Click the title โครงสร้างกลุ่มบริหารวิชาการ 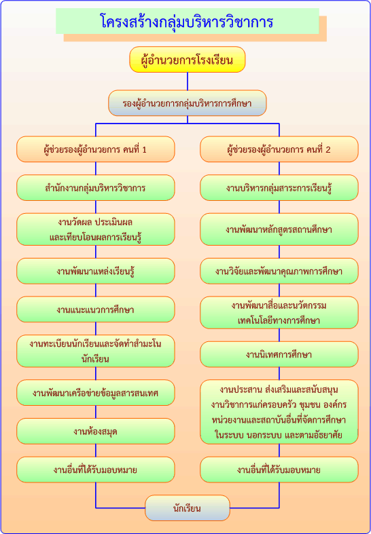click(188, 22)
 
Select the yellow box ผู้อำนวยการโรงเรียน click(188, 60)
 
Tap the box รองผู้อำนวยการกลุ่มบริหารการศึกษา click(188, 103)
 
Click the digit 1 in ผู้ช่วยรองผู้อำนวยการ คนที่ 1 click(144, 149)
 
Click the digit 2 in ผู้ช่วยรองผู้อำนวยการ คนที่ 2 click(328, 149)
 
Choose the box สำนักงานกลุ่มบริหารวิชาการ click(96, 188)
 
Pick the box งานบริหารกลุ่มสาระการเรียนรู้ click(279, 188)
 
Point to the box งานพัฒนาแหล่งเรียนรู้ click(96, 271)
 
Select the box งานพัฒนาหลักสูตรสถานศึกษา click(279, 229)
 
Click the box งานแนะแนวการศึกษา click(96, 309)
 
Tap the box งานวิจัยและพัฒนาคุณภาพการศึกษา click(279, 271)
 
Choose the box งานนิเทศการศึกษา click(279, 354)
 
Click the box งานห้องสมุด click(96, 431)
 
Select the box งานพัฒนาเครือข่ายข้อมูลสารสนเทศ click(96, 393)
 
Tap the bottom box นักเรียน click(188, 508)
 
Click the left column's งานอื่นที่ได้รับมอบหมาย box click(96, 470)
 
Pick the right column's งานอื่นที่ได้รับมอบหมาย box click(279, 470)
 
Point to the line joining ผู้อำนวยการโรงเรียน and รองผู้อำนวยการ click(188, 81)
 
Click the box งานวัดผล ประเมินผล click(96, 229)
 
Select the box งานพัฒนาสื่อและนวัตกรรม click(279, 313)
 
